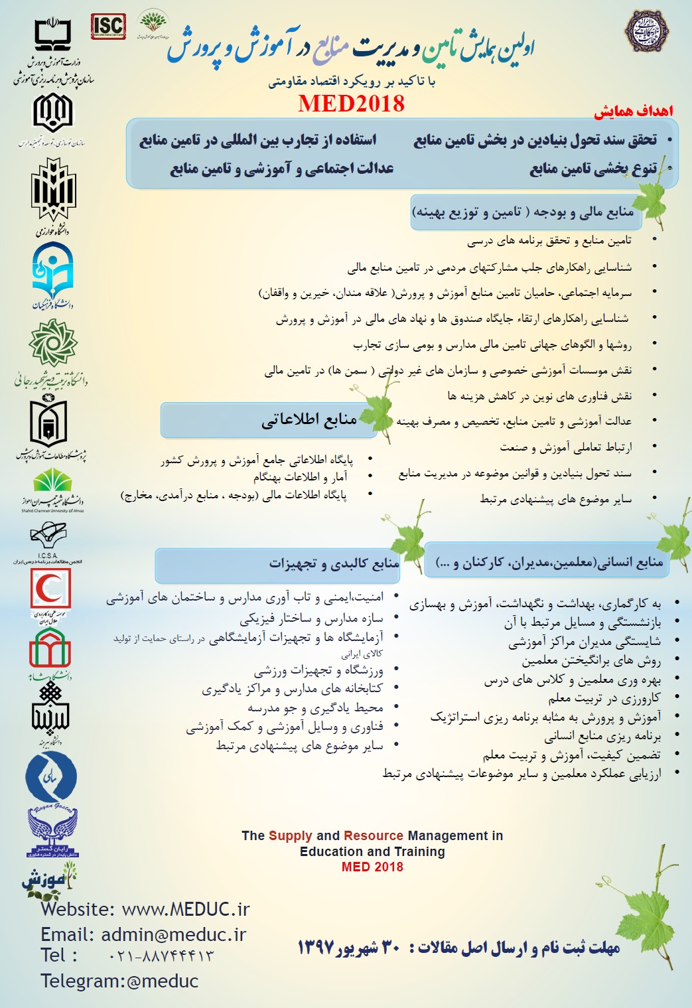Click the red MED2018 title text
click(x=351, y=104)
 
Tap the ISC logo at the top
click(x=108, y=27)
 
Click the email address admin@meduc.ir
click(x=173, y=934)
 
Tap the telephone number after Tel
click(x=161, y=956)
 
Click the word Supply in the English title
click(x=291, y=836)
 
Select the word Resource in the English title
click(x=374, y=836)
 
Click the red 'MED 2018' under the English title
click(x=372, y=867)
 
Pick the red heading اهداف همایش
click(x=633, y=111)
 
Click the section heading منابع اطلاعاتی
click(x=309, y=419)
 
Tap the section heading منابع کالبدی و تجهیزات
click(x=334, y=564)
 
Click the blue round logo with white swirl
click(x=51, y=777)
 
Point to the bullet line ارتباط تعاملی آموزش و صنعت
click(x=565, y=447)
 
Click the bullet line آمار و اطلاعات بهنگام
click(x=300, y=476)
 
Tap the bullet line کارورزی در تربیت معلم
click(x=604, y=698)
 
